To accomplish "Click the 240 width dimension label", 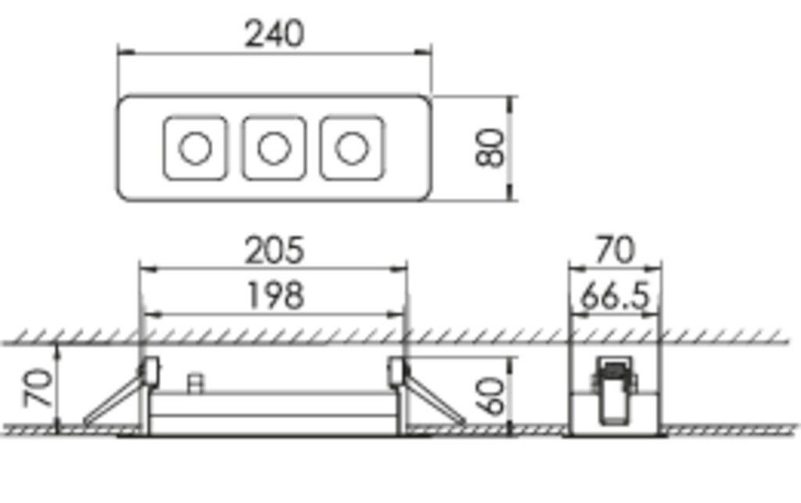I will coord(274,34).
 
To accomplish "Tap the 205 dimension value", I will coord(274,251).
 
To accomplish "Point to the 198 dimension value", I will coord(274,296).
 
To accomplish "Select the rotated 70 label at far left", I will coord(39,388).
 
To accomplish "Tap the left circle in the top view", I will coord(195,148).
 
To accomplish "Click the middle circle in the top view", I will coord(274,148).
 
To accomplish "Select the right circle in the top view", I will coord(352,148).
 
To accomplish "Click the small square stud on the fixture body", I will coord(196,383).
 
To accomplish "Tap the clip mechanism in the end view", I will coord(613,387).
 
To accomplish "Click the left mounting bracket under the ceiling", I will coord(149,371).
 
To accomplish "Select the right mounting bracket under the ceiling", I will coord(398,371).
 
